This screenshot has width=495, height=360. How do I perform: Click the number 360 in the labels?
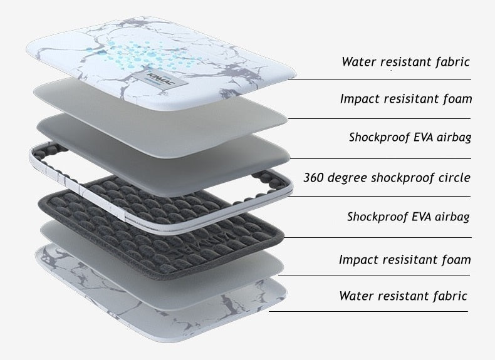313,177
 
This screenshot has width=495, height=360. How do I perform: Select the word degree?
348,178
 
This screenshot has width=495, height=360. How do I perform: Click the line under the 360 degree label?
379,196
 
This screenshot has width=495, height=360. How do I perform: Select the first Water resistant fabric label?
405,62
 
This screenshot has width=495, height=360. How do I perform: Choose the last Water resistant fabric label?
403,296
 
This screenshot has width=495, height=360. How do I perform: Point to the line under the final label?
368,311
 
